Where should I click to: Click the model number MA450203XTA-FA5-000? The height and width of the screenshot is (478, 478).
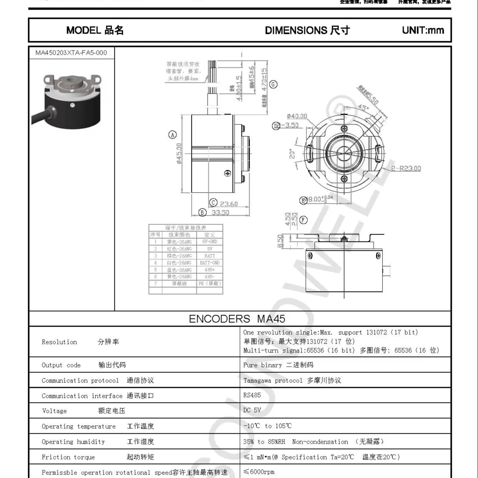point(71,53)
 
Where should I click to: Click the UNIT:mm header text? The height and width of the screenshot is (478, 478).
point(423,30)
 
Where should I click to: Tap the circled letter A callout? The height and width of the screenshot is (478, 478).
point(173,134)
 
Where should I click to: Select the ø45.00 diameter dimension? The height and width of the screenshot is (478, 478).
point(179,154)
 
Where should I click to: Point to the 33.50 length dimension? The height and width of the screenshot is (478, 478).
point(220,213)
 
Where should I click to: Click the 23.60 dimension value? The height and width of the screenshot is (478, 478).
point(229,204)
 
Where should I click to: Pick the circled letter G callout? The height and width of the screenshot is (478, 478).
point(273,84)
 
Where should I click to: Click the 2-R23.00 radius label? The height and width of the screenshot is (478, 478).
point(406,168)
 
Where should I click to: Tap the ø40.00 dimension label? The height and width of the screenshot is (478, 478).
point(297,116)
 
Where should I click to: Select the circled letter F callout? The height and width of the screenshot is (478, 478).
point(304,220)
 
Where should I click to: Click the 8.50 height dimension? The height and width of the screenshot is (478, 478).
point(280,241)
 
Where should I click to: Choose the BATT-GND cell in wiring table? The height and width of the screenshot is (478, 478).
point(210,263)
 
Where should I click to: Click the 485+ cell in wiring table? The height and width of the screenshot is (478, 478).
point(210,270)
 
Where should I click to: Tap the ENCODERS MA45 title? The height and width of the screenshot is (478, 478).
point(237,319)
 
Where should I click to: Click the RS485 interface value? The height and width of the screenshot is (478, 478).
point(252,395)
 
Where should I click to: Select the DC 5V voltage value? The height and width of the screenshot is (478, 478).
point(252,410)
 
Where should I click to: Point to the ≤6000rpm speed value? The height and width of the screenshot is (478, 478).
point(259,472)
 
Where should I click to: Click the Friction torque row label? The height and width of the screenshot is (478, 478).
point(68,457)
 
